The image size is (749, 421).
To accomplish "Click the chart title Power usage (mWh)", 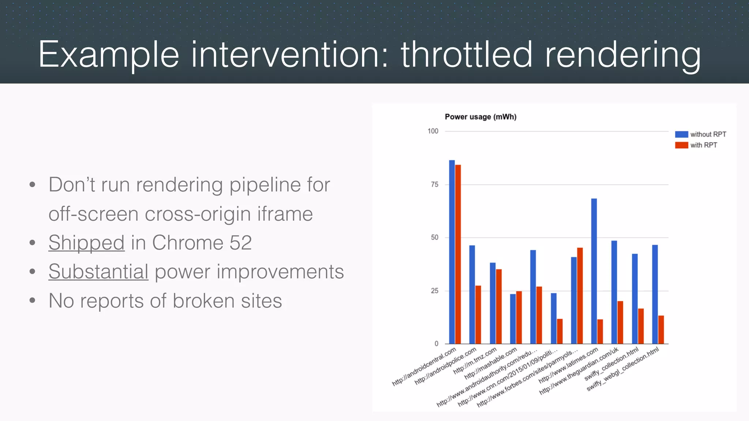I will coord(480,117).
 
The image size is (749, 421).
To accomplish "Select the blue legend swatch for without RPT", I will coord(681,134).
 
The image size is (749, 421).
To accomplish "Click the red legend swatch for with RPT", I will coord(681,145).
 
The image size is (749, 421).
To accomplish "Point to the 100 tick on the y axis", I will coord(433,131).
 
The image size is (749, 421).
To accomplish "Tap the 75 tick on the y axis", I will coord(434,185).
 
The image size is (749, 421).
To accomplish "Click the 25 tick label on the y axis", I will coord(434,291).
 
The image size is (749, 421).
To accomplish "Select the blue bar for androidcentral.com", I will coord(452,252).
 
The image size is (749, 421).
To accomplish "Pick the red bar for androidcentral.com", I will coord(458,254).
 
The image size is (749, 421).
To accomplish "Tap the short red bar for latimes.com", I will coord(600,331).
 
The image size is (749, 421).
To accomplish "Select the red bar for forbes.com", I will coord(580,296).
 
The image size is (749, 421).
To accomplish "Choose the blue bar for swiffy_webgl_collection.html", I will coord(655,294).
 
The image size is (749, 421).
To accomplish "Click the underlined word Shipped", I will coord(86,243).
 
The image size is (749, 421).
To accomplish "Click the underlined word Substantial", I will coord(98,272).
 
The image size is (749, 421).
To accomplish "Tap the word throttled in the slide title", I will coord(466,55).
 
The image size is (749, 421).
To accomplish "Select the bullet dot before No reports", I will coord(32,301).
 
